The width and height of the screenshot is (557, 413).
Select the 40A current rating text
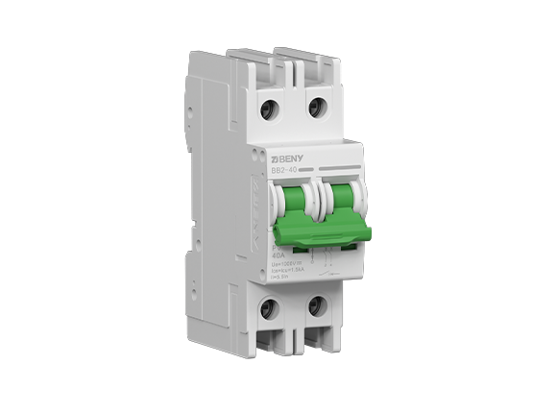click(x=278, y=255)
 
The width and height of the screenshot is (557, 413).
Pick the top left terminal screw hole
click(x=270, y=109)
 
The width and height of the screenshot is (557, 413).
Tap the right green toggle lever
click(x=339, y=198)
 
